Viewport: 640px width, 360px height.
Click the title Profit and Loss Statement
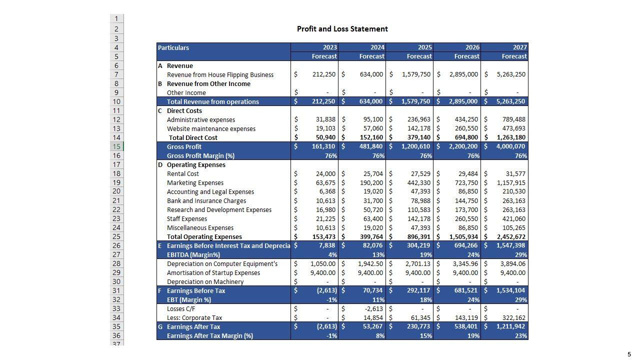click(342, 29)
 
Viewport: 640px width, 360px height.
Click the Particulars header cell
click(173, 48)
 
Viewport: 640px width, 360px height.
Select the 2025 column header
click(424, 47)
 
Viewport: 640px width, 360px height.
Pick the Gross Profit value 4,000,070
click(511, 146)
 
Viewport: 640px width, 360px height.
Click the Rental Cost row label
click(183, 174)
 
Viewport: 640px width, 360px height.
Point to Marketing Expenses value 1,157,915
click(511, 183)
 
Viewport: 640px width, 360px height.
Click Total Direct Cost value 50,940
click(325, 137)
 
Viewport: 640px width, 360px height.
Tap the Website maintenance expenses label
click(211, 129)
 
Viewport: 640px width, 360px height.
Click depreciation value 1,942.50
click(370, 264)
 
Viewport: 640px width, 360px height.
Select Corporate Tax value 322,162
click(513, 318)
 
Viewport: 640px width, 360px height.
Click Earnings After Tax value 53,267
click(373, 327)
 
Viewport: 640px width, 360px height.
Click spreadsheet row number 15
click(116, 146)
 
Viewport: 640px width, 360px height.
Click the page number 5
click(629, 354)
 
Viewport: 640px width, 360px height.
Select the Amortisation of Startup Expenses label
click(213, 273)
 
